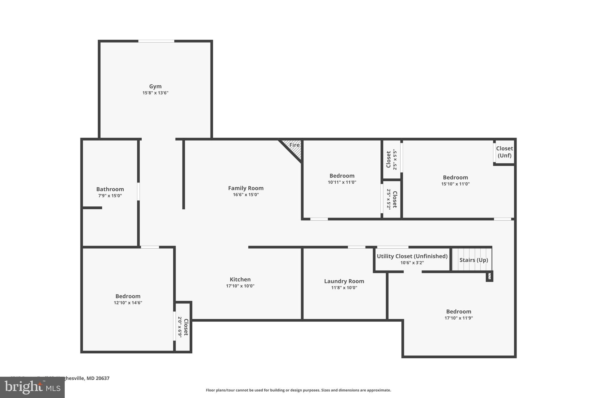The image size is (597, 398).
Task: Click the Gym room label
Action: (155, 86)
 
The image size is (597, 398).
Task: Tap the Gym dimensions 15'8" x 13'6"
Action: (155, 93)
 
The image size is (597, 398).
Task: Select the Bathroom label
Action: (110, 189)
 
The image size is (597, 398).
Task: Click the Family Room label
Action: (246, 188)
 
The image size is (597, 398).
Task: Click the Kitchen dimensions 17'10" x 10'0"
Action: (240, 286)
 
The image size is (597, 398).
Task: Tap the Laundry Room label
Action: (344, 281)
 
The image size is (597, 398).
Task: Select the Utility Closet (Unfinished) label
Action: (412, 256)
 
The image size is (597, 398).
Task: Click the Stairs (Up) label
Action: (474, 260)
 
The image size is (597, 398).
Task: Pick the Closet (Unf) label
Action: (505, 152)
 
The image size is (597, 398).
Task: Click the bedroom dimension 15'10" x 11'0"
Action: (455, 184)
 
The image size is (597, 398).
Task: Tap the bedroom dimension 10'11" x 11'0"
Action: (342, 182)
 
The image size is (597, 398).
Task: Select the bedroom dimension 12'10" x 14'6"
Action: (128, 303)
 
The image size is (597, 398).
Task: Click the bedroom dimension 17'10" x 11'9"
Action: (459, 318)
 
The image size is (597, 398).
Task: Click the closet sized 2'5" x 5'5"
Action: (392, 159)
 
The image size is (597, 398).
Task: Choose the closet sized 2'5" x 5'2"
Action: (392, 199)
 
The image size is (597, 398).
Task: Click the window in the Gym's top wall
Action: (156, 41)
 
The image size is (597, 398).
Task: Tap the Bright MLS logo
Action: (32, 387)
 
